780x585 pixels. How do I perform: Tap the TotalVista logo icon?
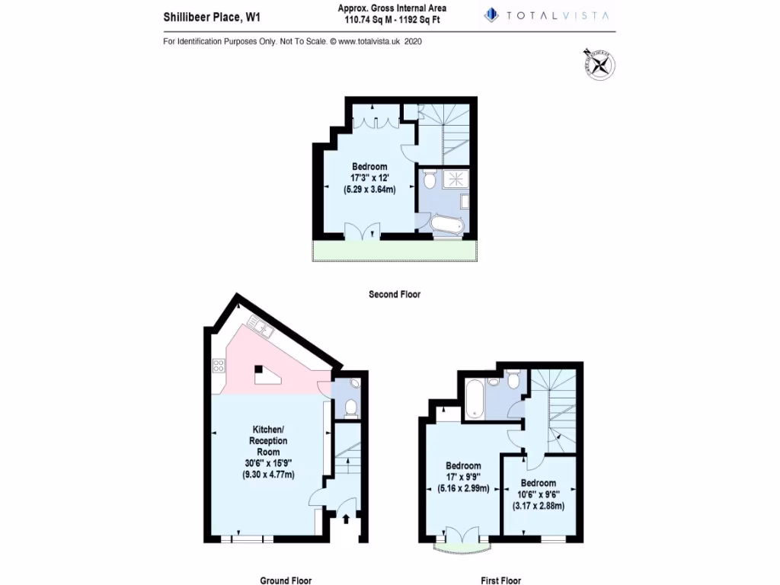[491, 14]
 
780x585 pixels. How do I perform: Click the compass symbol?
[600, 63]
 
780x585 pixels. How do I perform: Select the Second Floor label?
[394, 294]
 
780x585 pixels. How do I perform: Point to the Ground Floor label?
[286, 580]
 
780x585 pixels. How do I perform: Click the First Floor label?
[500, 580]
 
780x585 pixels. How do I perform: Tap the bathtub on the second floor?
[446, 225]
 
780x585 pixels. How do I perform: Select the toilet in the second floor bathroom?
[429, 181]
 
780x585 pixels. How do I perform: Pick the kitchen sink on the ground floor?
[260, 328]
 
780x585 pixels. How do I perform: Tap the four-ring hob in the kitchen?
[218, 366]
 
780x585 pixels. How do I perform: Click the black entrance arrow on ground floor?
[347, 519]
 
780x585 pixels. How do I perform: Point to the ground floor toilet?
[351, 408]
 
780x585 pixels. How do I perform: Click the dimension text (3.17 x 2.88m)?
[538, 506]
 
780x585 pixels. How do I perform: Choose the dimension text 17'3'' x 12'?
[369, 178]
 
